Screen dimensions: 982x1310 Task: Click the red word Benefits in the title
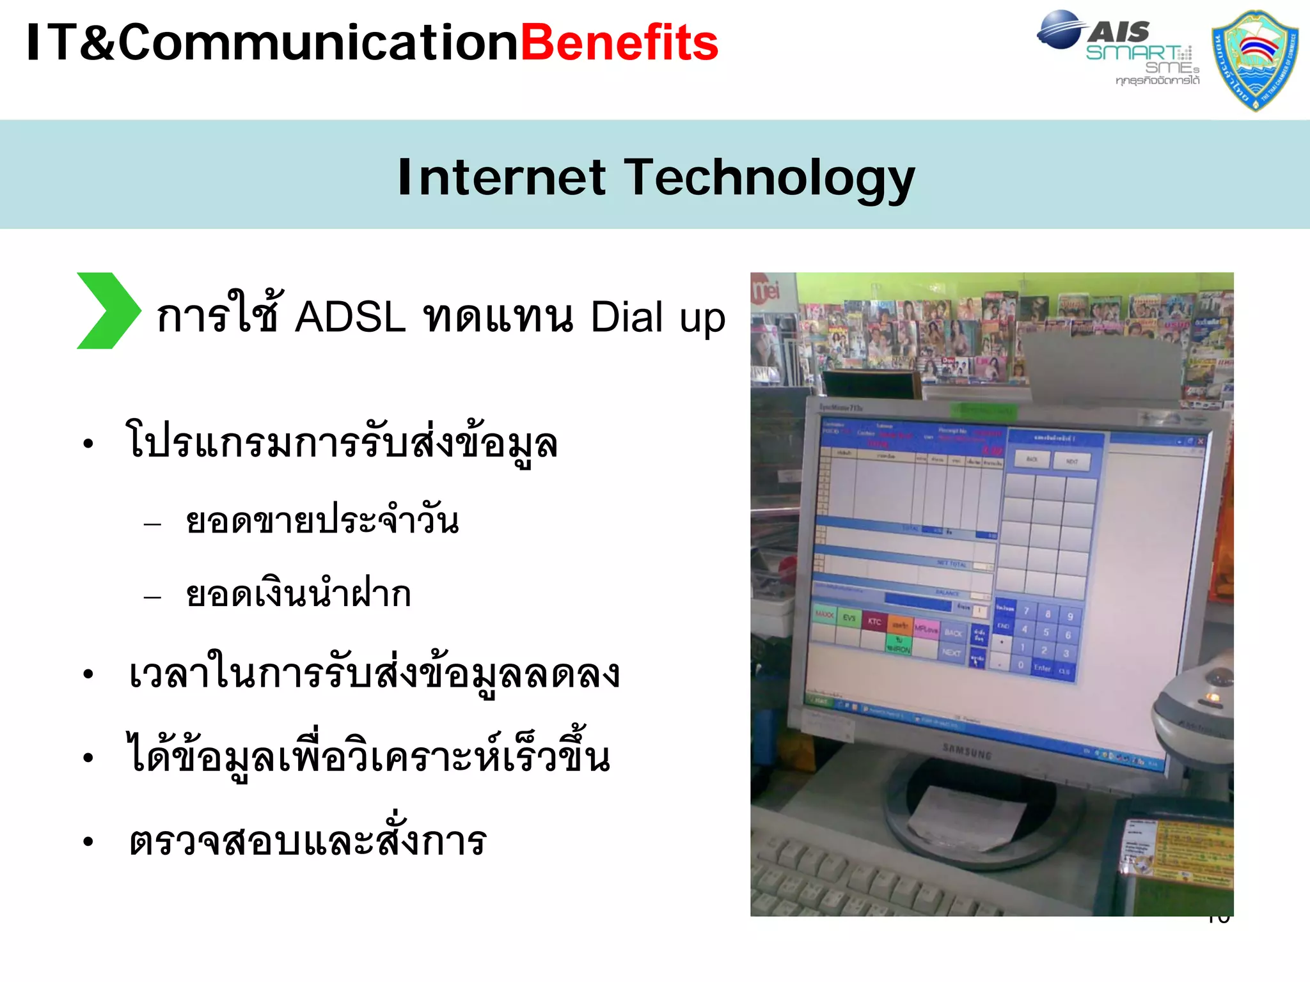click(x=619, y=43)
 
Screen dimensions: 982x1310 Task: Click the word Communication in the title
click(x=318, y=43)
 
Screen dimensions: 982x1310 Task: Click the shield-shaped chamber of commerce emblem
click(x=1254, y=61)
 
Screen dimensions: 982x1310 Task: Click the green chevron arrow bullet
click(x=107, y=311)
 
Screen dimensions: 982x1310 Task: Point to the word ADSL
click(x=350, y=316)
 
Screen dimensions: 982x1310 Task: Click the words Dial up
click(x=658, y=317)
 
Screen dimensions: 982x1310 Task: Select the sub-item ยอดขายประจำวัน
click(x=322, y=520)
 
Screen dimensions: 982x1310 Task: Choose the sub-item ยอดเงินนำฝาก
click(x=298, y=594)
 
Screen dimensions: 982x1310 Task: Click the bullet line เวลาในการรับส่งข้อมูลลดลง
click(x=374, y=674)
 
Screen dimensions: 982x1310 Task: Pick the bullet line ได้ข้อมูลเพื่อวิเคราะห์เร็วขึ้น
click(x=369, y=756)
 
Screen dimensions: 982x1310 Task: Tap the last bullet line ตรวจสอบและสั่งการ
click(x=308, y=841)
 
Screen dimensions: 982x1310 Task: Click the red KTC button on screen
click(x=874, y=621)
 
